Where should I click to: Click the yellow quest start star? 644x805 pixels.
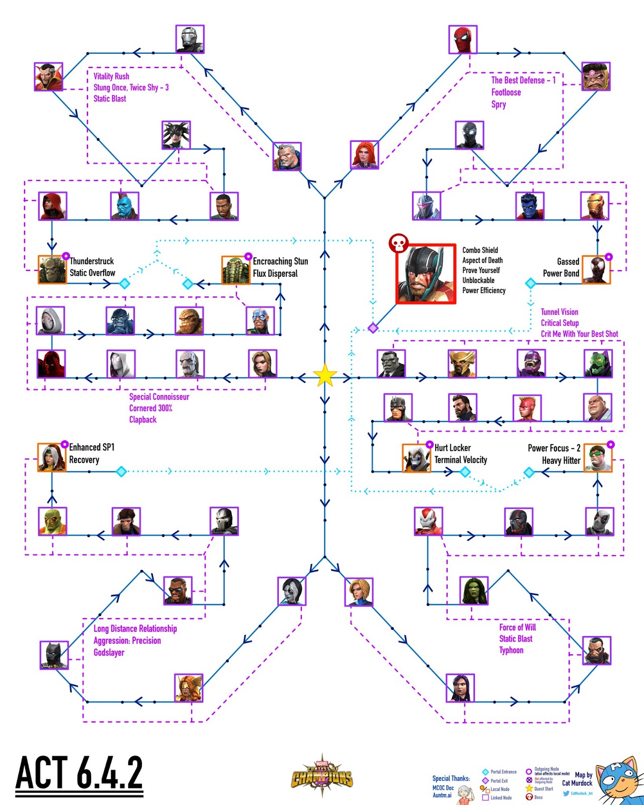tap(325, 376)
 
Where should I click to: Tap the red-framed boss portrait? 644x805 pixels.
tap(426, 274)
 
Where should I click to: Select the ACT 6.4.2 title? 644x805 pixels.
tap(79, 773)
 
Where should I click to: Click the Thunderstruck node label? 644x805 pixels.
tap(92, 261)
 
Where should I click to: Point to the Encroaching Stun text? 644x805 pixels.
tap(280, 261)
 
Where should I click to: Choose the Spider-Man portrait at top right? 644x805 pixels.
tap(463, 39)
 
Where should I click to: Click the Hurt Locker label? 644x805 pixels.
tap(452, 448)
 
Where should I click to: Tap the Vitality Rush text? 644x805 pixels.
tap(111, 76)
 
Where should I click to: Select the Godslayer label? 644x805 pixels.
tap(109, 653)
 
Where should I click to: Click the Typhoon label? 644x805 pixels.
tap(511, 650)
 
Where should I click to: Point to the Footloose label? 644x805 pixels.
tap(506, 92)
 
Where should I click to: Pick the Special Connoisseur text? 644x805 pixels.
tap(159, 396)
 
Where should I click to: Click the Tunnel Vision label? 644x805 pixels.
tap(559, 312)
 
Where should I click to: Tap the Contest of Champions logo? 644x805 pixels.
tap(322, 775)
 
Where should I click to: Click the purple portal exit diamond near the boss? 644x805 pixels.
tap(373, 328)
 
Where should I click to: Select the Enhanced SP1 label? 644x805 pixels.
tap(92, 447)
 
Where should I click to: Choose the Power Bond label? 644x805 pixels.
tap(561, 273)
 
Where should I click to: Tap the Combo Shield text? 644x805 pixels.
tap(480, 250)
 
